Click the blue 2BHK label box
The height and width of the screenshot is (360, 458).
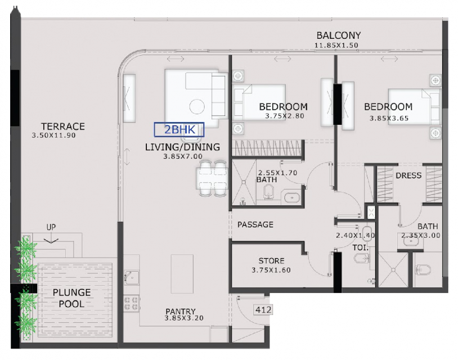coord(179,129)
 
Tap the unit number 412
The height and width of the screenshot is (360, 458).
coord(263,309)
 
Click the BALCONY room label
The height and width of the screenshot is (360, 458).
coord(339,35)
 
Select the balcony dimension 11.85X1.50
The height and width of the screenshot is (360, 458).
coord(336,45)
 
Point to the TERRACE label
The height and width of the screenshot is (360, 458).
coord(63,127)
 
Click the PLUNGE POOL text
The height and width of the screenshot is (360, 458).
coord(71,298)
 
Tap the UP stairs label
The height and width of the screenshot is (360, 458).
coord(51,227)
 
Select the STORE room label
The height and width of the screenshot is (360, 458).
coord(271,261)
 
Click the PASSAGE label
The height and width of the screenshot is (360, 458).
coord(255,224)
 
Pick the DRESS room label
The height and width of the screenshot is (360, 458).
coord(408,175)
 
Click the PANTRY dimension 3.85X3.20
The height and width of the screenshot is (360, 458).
coord(184,318)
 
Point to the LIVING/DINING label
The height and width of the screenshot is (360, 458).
coord(182,147)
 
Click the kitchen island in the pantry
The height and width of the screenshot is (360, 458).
coord(182,273)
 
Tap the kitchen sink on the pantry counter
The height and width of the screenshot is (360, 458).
coord(131,278)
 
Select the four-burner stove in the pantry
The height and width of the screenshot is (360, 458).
coord(131,303)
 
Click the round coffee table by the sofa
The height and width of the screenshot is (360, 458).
coord(197,107)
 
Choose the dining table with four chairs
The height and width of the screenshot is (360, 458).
coord(212,178)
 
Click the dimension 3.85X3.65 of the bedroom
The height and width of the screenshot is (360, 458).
coord(389,118)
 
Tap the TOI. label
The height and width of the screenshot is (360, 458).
coord(360,247)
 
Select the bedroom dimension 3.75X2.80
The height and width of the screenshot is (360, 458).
coord(285,116)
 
